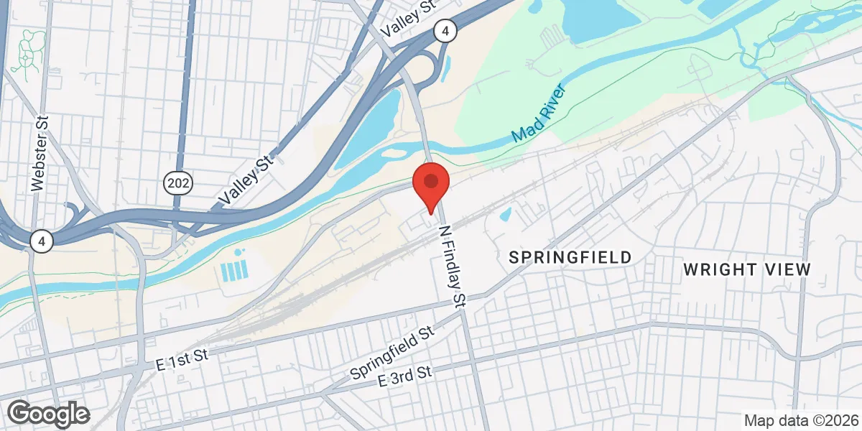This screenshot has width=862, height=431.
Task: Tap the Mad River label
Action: click(x=539, y=114)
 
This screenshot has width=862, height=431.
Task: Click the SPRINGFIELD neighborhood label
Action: click(x=570, y=257)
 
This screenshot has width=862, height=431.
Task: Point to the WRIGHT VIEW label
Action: click(x=746, y=270)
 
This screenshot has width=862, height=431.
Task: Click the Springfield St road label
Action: click(x=393, y=353)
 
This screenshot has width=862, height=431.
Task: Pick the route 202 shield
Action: click(x=177, y=184)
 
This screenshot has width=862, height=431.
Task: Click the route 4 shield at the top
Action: click(x=445, y=31)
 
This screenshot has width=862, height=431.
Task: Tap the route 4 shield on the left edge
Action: click(x=42, y=241)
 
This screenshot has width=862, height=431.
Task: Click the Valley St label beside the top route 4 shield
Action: click(x=410, y=19)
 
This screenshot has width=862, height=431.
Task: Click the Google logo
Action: click(x=48, y=414)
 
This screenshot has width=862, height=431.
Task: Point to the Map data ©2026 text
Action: click(x=800, y=420)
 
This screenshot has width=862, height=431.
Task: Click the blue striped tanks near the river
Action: click(x=235, y=271)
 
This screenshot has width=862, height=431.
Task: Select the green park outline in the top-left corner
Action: click(x=28, y=55)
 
